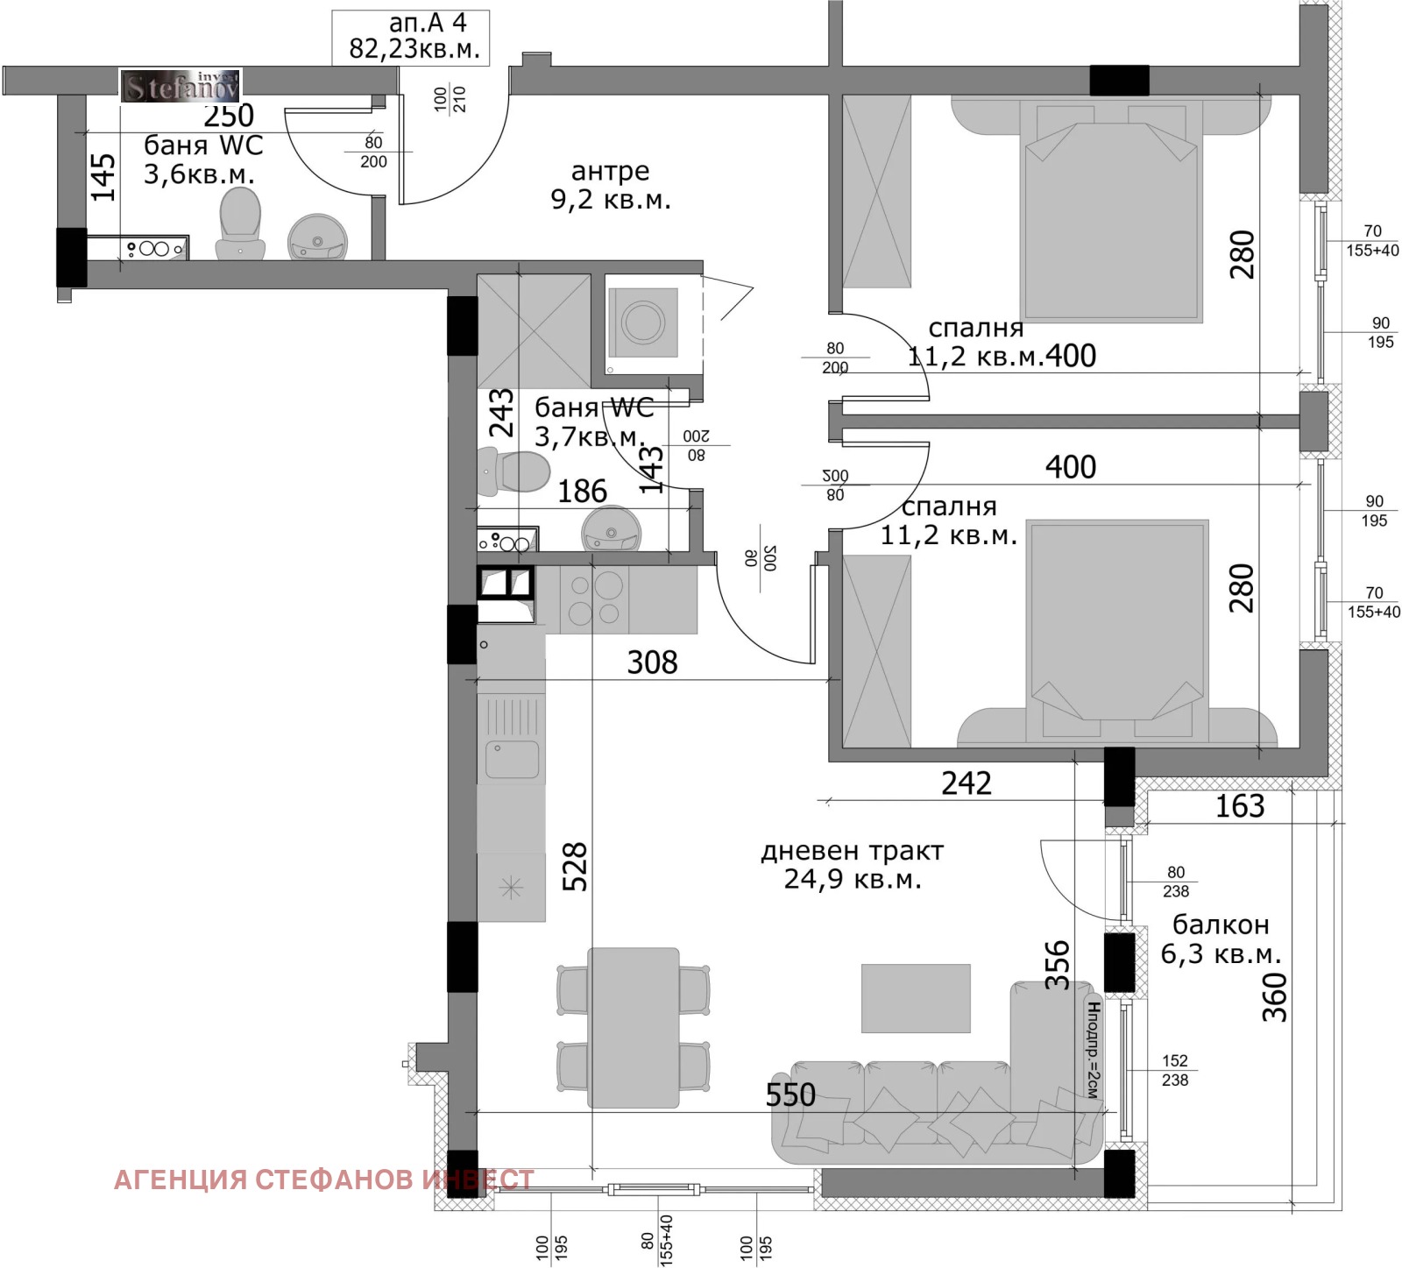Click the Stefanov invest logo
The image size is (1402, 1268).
(x=181, y=86)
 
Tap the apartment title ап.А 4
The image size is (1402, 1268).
(x=428, y=23)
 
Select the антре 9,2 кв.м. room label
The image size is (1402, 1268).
(x=611, y=185)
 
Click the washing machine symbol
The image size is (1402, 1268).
(x=644, y=322)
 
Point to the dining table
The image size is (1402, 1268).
(x=634, y=1027)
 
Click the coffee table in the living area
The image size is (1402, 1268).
(x=916, y=998)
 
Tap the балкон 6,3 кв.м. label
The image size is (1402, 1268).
(x=1221, y=939)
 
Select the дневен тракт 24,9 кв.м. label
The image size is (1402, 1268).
(x=853, y=865)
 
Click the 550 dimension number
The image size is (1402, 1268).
(x=790, y=1094)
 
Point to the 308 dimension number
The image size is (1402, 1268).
(x=652, y=662)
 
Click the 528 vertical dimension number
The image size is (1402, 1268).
(x=574, y=867)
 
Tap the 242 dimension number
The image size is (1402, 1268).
(x=967, y=783)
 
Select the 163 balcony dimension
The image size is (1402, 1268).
(x=1239, y=806)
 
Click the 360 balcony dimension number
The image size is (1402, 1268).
(x=1274, y=997)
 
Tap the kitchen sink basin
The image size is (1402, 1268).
(x=513, y=759)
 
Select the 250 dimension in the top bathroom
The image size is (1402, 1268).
(x=229, y=116)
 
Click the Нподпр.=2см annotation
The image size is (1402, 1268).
(x=1093, y=1050)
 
